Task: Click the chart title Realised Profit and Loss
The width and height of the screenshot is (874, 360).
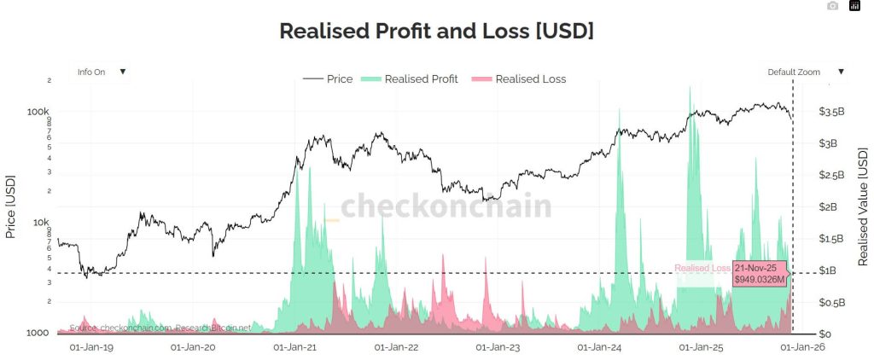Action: pos(436,31)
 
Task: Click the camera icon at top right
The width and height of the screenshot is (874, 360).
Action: pos(833,6)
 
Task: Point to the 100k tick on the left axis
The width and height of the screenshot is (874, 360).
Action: pos(39,112)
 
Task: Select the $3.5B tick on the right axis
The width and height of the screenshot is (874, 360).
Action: pos(831,112)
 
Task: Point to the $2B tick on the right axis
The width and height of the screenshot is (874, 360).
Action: pos(830,206)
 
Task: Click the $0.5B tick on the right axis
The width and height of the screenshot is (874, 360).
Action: pos(831,302)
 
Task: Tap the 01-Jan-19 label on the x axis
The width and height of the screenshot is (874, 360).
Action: pos(92,347)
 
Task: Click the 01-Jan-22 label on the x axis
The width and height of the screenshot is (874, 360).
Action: pos(397,347)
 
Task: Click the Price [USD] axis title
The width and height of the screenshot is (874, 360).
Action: pos(11,207)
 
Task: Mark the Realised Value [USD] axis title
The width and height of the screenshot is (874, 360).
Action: pos(862,206)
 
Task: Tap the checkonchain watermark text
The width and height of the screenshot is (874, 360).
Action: pos(446,207)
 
